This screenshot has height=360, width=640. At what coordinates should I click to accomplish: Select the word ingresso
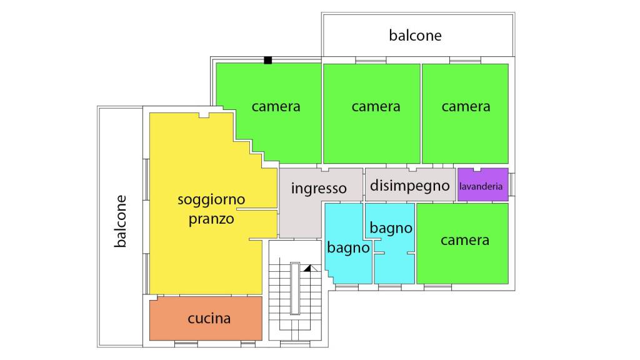coord(319,188)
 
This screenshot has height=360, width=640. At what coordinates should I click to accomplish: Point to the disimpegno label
coord(410,186)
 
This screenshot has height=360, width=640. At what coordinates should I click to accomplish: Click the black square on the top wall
coord(267,61)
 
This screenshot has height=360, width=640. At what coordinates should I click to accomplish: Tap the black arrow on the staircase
coord(307,268)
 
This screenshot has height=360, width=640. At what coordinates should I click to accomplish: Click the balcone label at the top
coord(415,36)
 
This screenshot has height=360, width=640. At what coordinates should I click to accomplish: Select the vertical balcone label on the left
coord(120,221)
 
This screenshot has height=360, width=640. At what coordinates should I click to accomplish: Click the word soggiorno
coord(211,199)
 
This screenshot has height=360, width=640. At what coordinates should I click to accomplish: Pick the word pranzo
coord(211,219)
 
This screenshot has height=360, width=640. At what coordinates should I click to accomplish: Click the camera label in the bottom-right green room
coord(465,241)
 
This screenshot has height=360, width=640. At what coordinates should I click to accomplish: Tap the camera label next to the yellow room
coord(276,106)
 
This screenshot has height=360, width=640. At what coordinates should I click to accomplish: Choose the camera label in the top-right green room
coord(466,106)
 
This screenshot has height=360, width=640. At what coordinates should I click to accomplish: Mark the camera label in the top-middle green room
coord(376,106)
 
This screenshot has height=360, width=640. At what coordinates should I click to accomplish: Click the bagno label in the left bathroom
coord(348,247)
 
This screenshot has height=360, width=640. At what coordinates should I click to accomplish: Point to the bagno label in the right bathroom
coord(391,228)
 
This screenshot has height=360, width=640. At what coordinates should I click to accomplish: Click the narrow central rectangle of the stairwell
coord(295,288)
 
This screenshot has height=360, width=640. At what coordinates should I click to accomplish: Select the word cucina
coord(209,318)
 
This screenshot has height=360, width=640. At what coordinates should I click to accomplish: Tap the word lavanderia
coord(481,186)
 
